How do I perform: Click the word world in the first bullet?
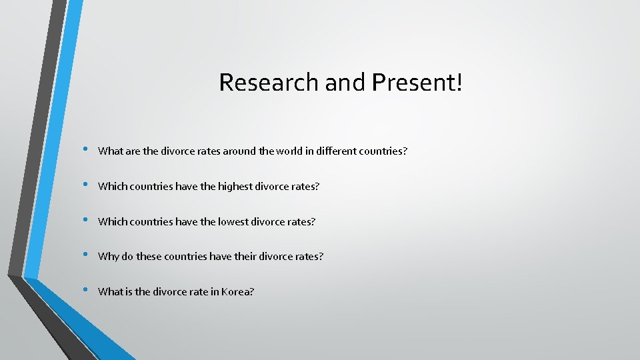tap(282, 151)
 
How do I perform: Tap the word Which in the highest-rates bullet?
tap(111, 187)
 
